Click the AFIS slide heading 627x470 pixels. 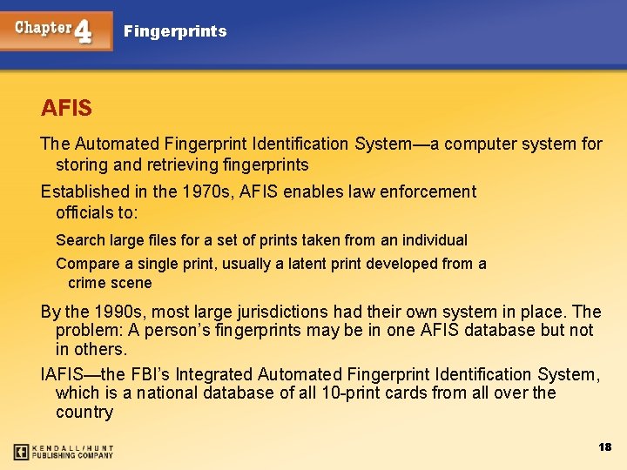[x=66, y=109]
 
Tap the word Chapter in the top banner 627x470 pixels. [x=43, y=27]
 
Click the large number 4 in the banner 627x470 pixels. [x=84, y=31]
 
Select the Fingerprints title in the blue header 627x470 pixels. [x=175, y=31]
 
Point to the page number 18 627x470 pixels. [x=605, y=446]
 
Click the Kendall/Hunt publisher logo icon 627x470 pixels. [x=22, y=452]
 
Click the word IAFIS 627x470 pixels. [x=62, y=374]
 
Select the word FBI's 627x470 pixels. [x=151, y=374]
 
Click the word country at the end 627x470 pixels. [x=84, y=412]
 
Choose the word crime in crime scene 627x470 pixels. [x=87, y=283]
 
